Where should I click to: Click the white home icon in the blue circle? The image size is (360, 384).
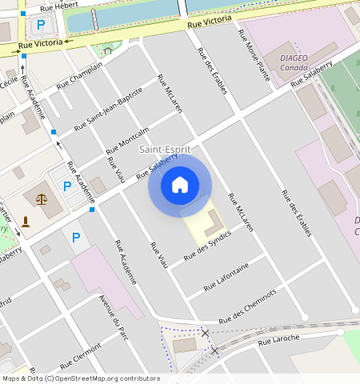180,186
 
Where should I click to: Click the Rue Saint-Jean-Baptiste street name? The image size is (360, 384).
108,109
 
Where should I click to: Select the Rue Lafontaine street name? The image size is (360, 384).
226,275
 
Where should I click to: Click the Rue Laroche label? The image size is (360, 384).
278,339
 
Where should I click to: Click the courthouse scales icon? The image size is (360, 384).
41,197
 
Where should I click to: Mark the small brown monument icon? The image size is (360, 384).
26,221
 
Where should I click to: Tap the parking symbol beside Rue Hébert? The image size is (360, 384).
40,25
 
